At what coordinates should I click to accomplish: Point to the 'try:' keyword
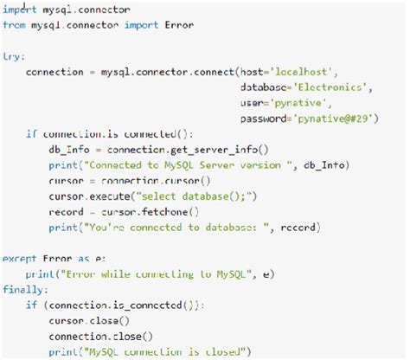point(13,55)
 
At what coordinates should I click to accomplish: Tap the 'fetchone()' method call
point(172,211)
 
